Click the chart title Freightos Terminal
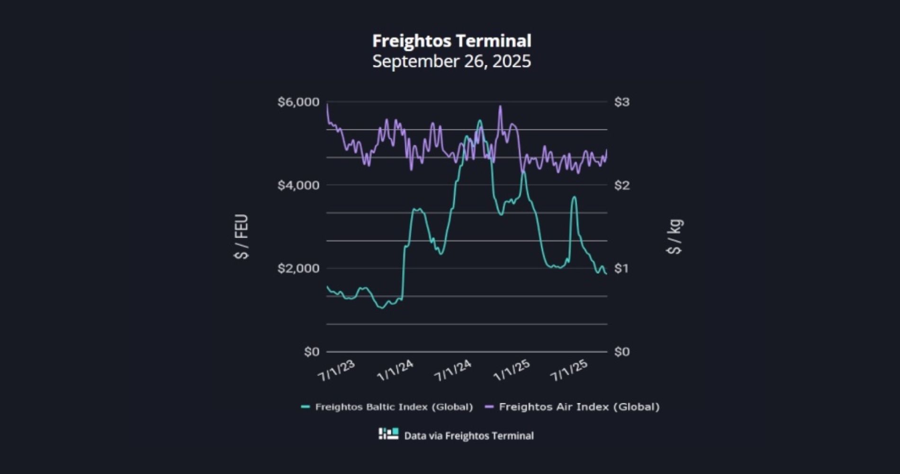[451, 41]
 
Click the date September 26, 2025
[451, 62]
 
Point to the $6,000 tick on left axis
[298, 102]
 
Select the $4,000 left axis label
[298, 185]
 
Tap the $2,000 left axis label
[298, 268]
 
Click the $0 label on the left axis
[311, 352]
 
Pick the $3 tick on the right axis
[621, 102]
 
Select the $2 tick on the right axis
[621, 185]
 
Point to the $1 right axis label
[621, 268]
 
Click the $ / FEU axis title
[242, 237]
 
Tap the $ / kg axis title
[675, 237]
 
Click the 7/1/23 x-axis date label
[336, 371]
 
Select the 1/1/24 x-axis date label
[395, 371]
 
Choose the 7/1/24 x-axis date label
[453, 371]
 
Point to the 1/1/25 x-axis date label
[512, 371]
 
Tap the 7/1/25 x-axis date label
[569, 371]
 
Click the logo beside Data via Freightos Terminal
[388, 434]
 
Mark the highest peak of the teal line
[480, 120]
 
